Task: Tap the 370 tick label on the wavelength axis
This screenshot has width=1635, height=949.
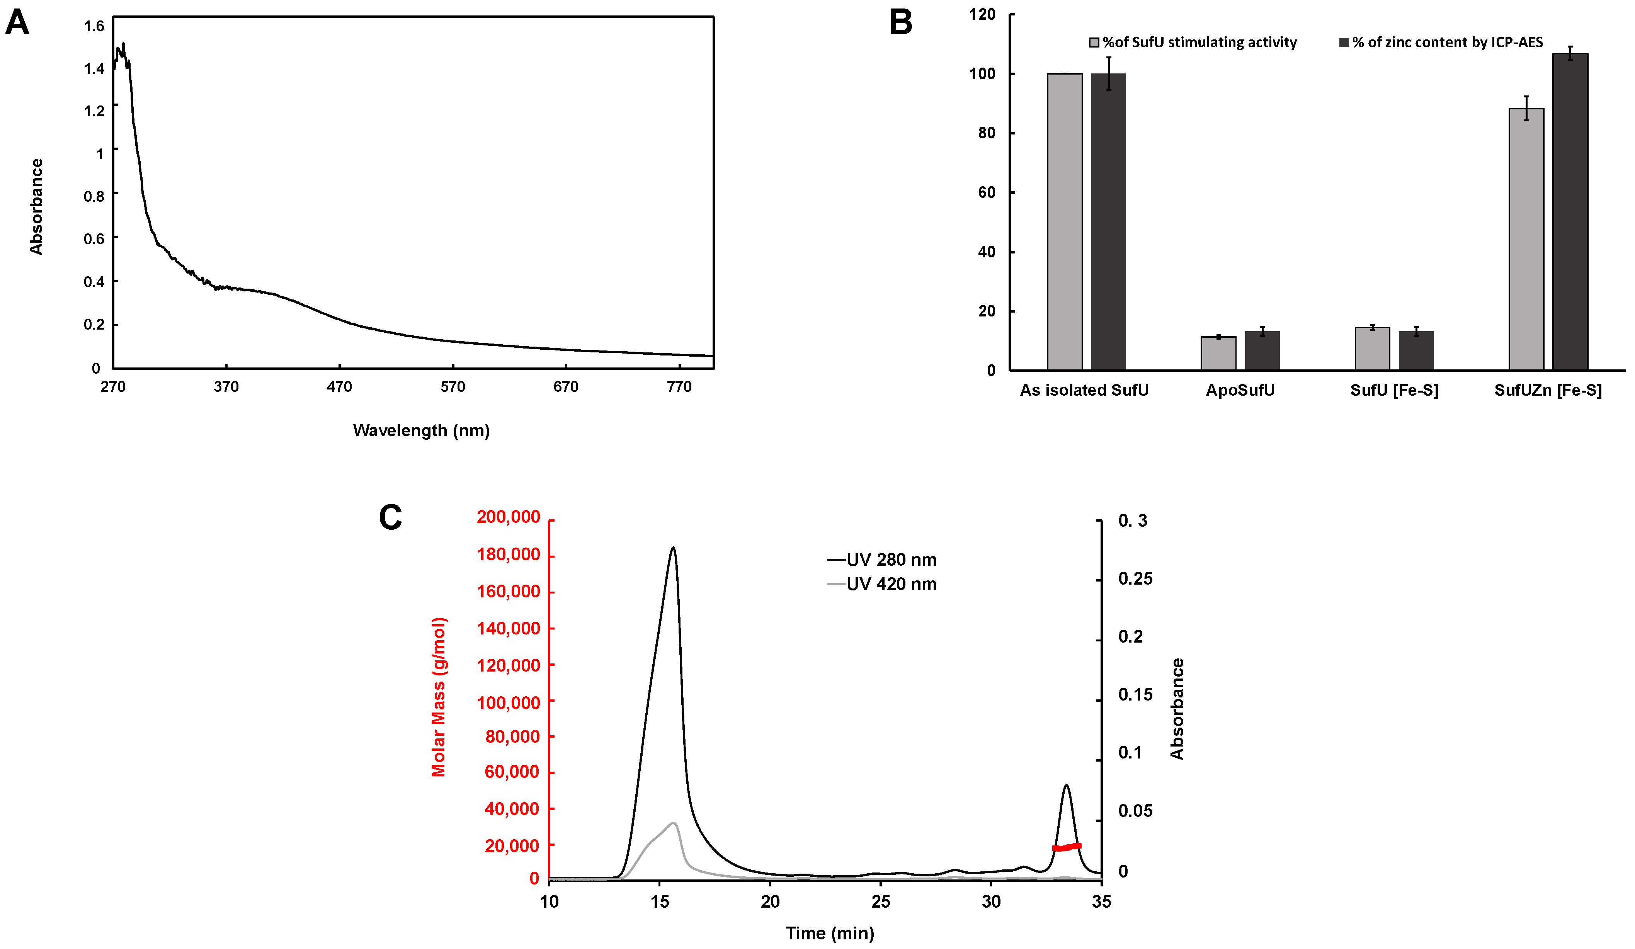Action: [x=226, y=387]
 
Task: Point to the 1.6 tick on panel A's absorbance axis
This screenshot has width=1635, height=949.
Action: [x=94, y=26]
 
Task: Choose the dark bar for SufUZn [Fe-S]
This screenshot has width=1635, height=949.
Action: [x=1570, y=211]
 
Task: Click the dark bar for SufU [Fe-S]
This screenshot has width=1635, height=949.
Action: [x=1416, y=350]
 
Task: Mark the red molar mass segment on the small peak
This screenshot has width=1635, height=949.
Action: [x=1066, y=847]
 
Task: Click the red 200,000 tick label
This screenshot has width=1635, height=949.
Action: [x=508, y=517]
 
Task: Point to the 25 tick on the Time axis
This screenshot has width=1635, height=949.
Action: [x=880, y=901]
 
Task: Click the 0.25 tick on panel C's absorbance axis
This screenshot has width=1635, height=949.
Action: [x=1135, y=578]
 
